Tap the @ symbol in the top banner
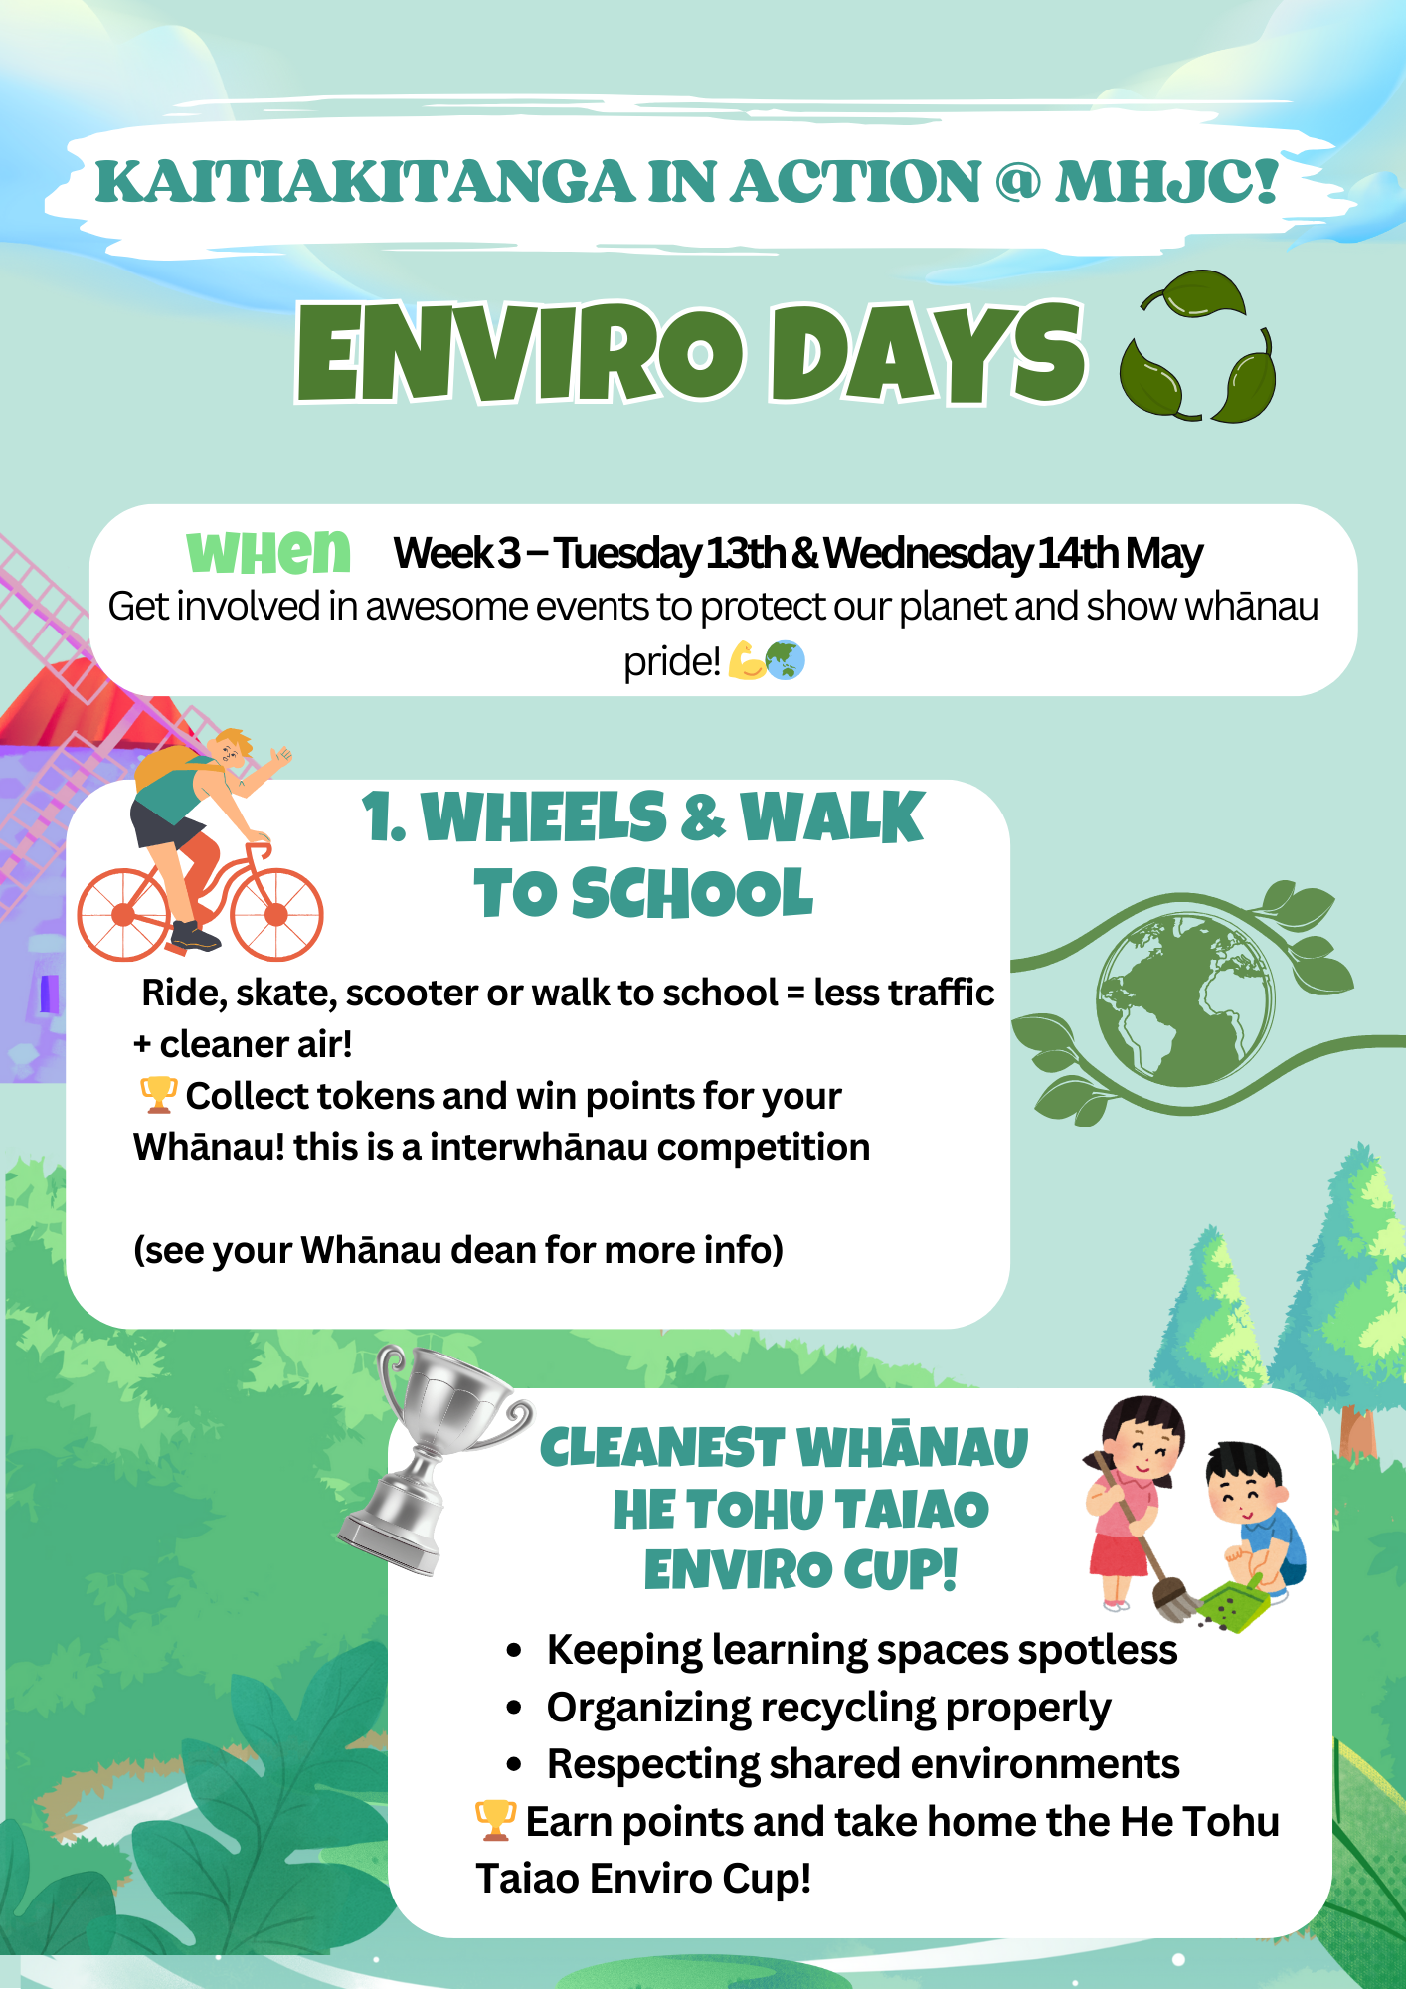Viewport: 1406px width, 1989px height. tap(1018, 181)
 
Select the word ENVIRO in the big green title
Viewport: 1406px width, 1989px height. tap(520, 353)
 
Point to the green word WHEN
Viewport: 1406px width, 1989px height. tap(268, 553)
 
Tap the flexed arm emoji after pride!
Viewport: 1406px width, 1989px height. tap(746, 659)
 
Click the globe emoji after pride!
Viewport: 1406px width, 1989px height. tap(786, 659)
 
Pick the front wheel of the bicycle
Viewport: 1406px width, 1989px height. tap(276, 915)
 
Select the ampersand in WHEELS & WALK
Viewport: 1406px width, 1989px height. tap(703, 818)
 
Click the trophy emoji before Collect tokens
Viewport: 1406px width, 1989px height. tap(159, 1095)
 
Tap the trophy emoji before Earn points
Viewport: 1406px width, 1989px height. tap(495, 1820)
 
